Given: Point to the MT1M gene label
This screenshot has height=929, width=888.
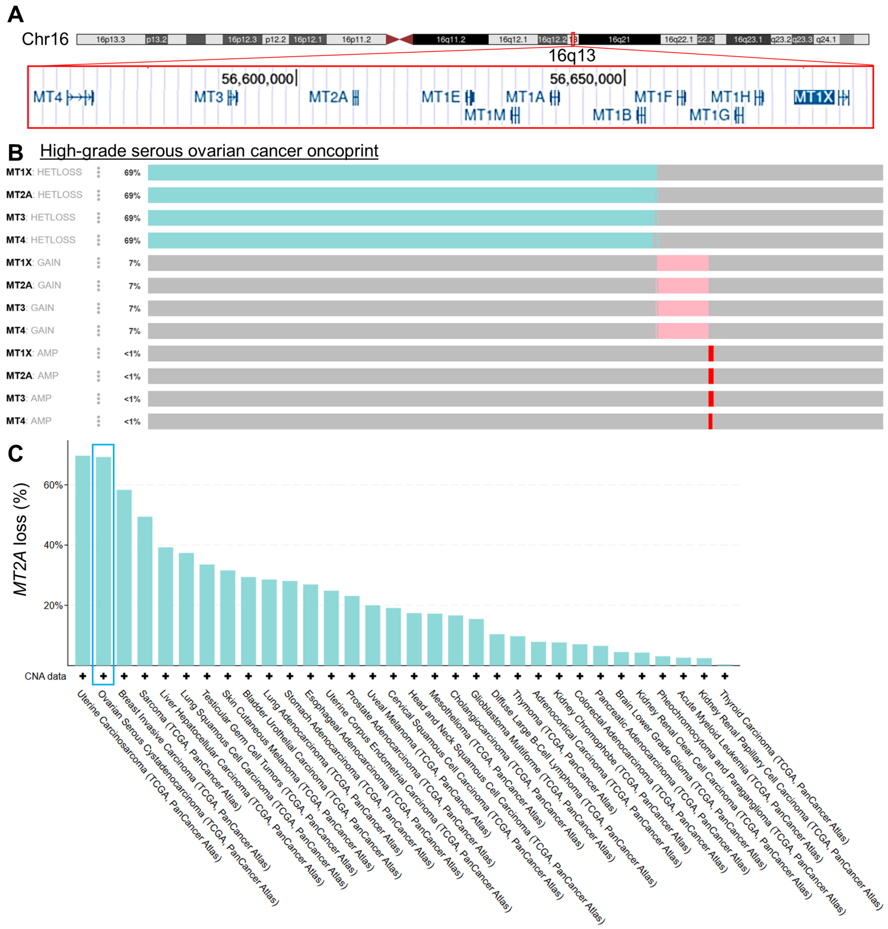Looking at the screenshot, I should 484,115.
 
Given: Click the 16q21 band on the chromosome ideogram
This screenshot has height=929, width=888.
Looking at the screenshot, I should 619,39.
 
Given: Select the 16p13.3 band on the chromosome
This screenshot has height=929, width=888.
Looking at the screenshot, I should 110,39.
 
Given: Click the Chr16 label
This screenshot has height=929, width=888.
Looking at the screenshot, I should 45,39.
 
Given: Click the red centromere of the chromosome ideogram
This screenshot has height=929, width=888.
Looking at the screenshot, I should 399,39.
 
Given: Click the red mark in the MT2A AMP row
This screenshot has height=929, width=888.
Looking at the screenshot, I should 711,376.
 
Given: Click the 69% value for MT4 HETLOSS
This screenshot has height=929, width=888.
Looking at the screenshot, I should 132,241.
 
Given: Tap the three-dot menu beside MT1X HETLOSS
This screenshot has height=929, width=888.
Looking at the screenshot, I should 98,172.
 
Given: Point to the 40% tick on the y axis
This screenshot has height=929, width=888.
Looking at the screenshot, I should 53,545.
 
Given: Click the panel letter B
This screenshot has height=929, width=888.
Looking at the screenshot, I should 16,153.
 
